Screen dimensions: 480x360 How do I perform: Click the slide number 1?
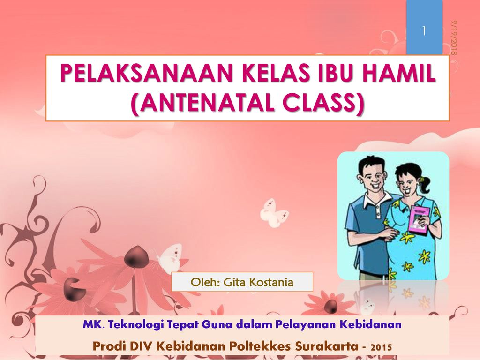[x=424, y=31]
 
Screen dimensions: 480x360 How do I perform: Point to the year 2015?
[x=381, y=347]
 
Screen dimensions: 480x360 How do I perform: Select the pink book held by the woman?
[x=418, y=220]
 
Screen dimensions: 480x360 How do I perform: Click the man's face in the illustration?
[x=374, y=178]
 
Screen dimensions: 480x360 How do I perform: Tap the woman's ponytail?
[x=426, y=184]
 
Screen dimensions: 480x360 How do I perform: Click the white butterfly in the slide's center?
[x=273, y=213]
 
